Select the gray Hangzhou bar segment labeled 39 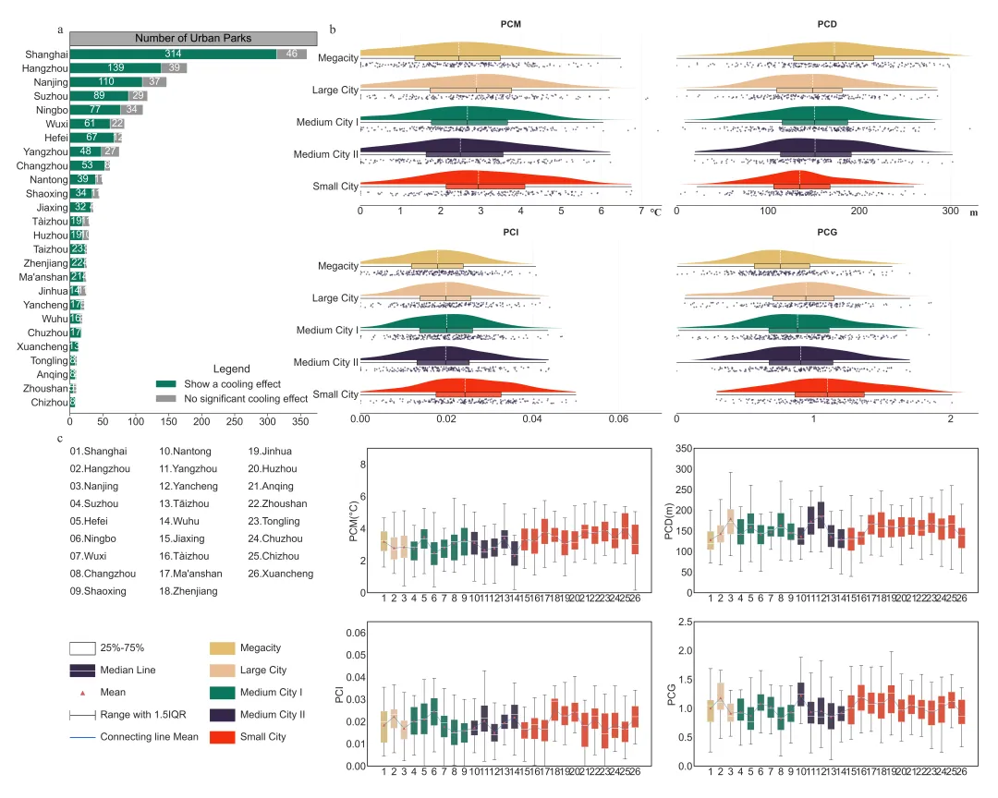175,68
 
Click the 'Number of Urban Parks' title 193,38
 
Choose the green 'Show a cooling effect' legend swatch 167,384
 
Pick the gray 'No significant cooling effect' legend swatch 167,398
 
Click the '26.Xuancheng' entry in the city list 281,574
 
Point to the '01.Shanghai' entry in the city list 97,452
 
